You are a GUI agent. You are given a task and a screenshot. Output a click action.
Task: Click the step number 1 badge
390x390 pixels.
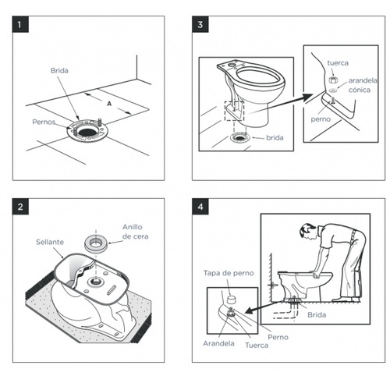[x=20, y=24]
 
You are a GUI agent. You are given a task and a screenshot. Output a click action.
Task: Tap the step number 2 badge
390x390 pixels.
[x=20, y=207]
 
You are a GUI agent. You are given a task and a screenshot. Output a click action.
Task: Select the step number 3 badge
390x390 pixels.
[x=200, y=24]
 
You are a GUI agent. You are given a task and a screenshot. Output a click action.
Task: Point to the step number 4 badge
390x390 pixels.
[x=200, y=207]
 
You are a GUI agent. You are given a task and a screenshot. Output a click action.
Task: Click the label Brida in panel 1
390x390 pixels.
[x=59, y=70]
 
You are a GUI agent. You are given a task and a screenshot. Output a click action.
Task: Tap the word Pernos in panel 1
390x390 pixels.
[x=44, y=122]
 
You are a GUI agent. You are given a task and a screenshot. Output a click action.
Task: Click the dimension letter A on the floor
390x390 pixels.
[x=109, y=104]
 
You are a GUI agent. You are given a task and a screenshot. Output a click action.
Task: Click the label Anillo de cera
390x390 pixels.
[x=135, y=232]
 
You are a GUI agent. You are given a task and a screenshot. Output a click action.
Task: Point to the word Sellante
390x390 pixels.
[x=50, y=242]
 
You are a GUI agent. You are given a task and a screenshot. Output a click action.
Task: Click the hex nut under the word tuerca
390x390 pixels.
[x=333, y=80]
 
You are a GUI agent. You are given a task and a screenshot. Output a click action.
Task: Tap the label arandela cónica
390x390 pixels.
[x=363, y=85]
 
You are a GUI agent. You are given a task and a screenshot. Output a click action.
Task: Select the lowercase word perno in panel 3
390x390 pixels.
[x=321, y=119]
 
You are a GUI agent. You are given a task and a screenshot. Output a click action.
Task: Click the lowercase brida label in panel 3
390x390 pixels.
[x=275, y=137]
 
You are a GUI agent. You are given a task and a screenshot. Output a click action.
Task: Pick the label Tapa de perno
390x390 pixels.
[x=229, y=273]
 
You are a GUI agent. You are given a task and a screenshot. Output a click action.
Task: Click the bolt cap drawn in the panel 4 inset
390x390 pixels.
[x=230, y=300]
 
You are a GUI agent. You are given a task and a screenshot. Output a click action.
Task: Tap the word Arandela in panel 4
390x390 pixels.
[x=218, y=343]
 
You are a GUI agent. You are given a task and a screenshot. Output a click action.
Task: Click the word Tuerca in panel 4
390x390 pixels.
[x=257, y=346]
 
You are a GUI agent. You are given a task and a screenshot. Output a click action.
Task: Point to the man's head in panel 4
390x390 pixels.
[x=307, y=232]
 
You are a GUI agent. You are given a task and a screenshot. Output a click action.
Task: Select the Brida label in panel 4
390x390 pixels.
[x=317, y=315]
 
